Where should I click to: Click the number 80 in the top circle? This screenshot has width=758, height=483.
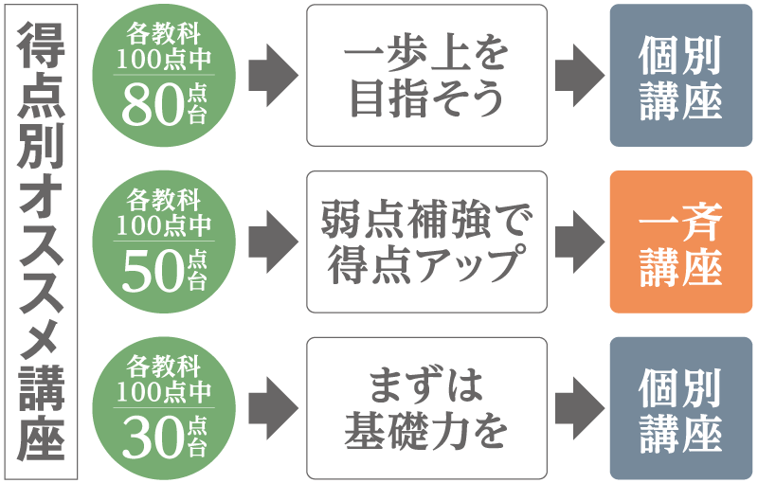152,108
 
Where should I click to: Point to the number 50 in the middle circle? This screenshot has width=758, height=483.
152,274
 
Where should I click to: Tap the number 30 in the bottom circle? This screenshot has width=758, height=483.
152,438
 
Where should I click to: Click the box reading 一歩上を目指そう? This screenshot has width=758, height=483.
426,76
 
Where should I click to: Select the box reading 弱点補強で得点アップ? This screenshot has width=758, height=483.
426,241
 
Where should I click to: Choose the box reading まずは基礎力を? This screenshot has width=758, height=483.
426,407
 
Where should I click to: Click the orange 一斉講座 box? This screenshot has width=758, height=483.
680,241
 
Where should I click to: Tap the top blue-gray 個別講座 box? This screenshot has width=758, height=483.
680,76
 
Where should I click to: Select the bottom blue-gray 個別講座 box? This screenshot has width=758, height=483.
680,407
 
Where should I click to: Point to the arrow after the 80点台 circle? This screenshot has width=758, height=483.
271,76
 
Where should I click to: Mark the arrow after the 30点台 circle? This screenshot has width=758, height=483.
271,407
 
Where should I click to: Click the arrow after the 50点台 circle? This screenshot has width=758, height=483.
271,241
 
